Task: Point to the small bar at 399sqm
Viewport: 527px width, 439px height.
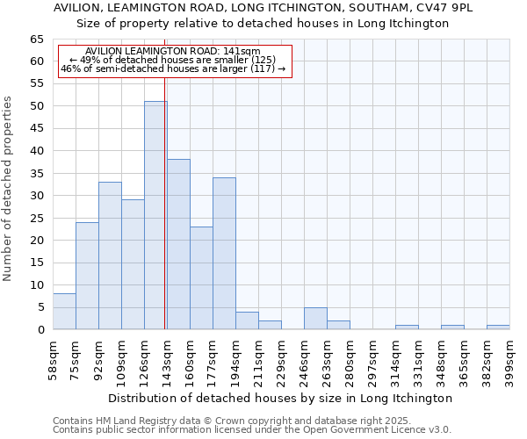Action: (x=498, y=327)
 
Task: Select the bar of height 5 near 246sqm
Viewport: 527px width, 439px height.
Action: (x=315, y=319)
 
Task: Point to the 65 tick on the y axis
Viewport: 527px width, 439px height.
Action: (x=36, y=40)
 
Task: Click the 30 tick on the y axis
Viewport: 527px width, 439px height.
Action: (x=36, y=196)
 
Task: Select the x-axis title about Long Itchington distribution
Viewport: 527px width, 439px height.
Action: (x=281, y=398)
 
